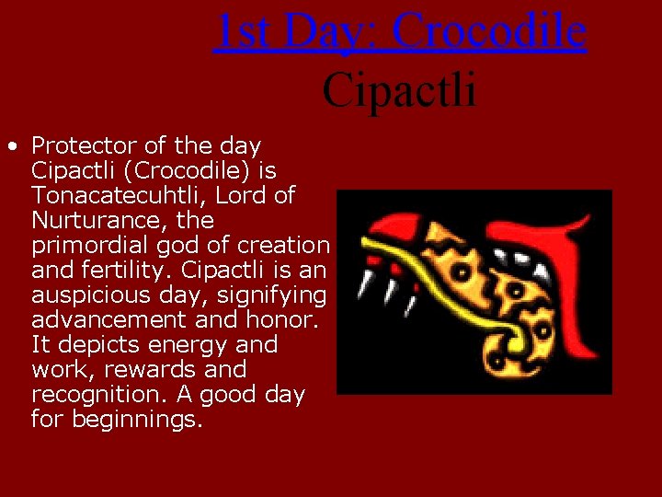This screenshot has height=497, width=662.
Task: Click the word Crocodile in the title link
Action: pyautogui.click(x=489, y=31)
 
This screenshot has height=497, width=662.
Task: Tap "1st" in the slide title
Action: pyautogui.click(x=242, y=31)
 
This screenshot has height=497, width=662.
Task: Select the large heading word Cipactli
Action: pyautogui.click(x=399, y=89)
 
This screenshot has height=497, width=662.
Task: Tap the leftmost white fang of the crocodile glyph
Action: pyautogui.click(x=364, y=284)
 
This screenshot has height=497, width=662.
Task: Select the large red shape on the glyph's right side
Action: pyautogui.click(x=579, y=295)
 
